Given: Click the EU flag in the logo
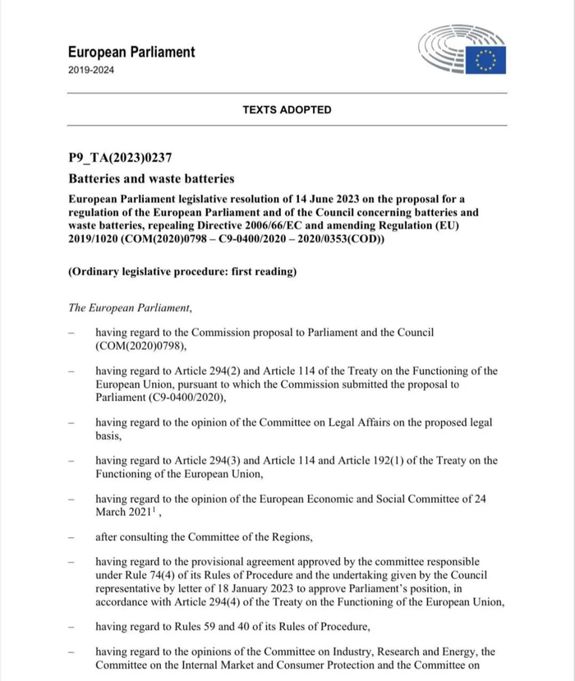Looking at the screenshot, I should click(486, 60).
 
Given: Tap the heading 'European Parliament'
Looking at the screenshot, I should click(131, 52).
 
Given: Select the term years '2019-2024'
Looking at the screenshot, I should click(91, 70).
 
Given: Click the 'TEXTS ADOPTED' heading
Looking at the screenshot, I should click(287, 109).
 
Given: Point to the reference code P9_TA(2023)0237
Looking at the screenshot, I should click(120, 158).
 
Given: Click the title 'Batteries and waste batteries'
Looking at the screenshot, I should click(151, 178).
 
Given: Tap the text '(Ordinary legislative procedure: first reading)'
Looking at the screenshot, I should click(182, 272).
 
